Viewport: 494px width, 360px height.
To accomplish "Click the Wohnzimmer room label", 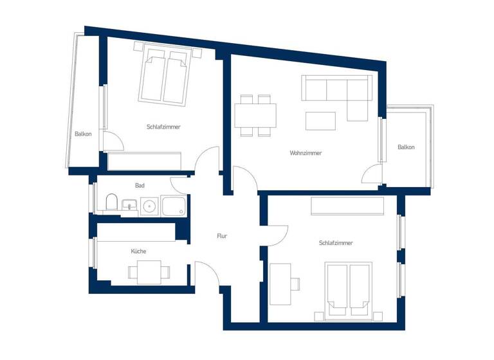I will coord(306,153).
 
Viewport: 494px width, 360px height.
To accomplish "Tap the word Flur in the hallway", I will coord(222,236).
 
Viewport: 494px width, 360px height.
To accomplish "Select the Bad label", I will coord(140,186).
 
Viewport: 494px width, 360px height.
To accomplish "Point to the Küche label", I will coord(138,251).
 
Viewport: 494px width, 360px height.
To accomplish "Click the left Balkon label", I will coord(83,134).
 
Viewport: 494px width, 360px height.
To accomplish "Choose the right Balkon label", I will coord(406,147).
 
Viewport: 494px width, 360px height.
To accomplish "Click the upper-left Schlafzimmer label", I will coord(163,127).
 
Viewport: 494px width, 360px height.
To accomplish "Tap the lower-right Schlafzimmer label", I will coord(336,243).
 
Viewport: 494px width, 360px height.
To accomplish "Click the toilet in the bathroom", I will coord(111,204).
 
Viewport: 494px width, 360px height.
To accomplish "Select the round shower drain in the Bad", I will coord(150,206).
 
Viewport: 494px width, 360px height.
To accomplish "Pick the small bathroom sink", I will coord(129,206).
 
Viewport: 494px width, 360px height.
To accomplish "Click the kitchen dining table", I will coord(149,272).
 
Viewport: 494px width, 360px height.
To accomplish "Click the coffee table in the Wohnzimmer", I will coord(320,121).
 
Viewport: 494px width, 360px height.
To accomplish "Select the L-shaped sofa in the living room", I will coord(338,90).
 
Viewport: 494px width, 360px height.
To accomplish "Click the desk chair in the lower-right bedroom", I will coord(297,283).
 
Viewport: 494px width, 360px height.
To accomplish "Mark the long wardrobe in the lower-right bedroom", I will coord(347,206).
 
